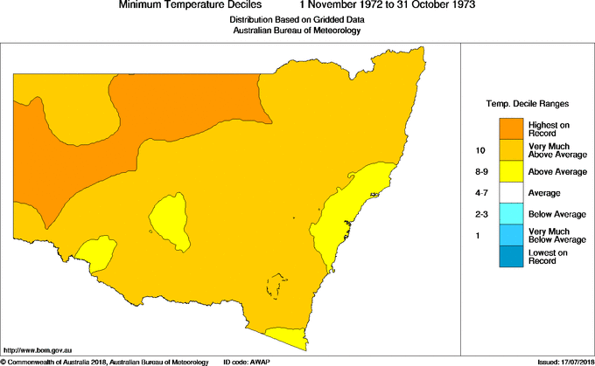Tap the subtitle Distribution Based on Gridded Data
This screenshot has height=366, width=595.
click(x=297, y=18)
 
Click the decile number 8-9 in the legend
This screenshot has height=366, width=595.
click(x=481, y=171)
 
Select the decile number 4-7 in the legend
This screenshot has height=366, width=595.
click(x=481, y=192)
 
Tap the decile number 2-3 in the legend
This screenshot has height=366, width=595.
click(x=481, y=214)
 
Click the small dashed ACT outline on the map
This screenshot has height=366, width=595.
click(x=277, y=287)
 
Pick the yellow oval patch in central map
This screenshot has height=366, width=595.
click(x=169, y=219)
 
